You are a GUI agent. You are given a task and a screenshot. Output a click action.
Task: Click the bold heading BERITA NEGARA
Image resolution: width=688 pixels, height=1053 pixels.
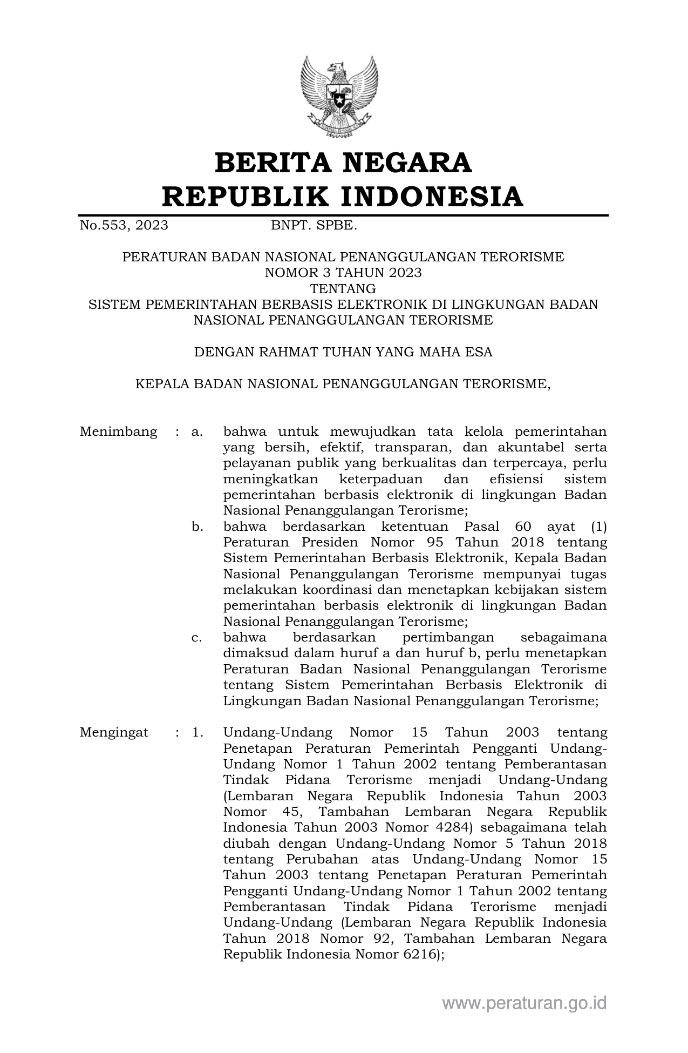[x=343, y=163]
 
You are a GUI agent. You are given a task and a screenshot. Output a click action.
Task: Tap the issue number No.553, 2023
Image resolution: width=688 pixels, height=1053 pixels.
[x=124, y=225]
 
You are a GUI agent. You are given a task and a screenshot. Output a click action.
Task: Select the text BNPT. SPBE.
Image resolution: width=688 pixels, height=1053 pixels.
[x=314, y=225]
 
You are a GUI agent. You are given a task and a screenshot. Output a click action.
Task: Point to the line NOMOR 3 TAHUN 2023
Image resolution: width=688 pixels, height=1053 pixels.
[x=343, y=273]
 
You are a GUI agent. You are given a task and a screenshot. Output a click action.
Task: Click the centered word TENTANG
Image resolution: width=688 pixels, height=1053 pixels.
[x=343, y=288]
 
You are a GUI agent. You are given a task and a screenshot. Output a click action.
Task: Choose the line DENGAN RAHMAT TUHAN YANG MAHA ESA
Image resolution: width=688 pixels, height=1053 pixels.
[x=343, y=353]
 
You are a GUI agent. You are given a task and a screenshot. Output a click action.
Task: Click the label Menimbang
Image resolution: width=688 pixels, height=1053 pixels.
[x=118, y=432]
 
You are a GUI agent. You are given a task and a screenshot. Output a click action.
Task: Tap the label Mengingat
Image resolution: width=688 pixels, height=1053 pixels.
[x=114, y=733]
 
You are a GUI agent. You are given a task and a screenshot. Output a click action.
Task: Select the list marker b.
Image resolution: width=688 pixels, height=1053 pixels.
[x=197, y=526]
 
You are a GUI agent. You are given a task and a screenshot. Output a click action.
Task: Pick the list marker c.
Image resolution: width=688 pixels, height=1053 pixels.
[x=196, y=638]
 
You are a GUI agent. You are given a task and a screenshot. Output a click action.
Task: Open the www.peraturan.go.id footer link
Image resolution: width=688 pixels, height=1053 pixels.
[x=524, y=1003]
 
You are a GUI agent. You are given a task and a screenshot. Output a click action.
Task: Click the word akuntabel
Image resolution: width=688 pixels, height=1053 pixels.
[x=530, y=448]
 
